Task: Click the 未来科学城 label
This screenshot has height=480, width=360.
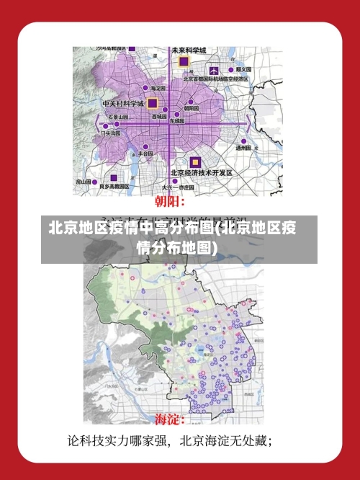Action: pyautogui.click(x=189, y=50)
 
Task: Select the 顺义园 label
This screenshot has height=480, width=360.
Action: pyautogui.click(x=242, y=69)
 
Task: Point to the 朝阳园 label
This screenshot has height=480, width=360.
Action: pyautogui.click(x=192, y=108)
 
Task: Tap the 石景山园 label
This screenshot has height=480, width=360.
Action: pyautogui.click(x=117, y=116)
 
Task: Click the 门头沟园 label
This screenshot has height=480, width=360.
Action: pyautogui.click(x=111, y=133)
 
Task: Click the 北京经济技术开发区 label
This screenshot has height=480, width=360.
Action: pyautogui.click(x=201, y=173)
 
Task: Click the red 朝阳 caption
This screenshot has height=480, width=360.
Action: pyautogui.click(x=171, y=201)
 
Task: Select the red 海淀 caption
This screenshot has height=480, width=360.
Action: pyautogui.click(x=171, y=419)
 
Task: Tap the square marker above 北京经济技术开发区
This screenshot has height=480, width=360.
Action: pyautogui.click(x=194, y=161)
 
